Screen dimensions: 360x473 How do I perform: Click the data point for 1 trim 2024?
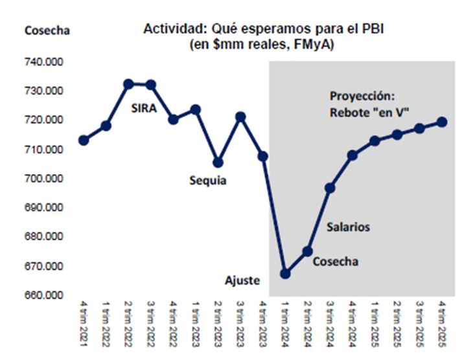pyautogui.click(x=285, y=273)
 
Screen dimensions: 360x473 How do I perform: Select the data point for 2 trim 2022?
pyautogui.click(x=128, y=84)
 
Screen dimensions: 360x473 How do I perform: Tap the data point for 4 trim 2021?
pyautogui.click(x=84, y=140)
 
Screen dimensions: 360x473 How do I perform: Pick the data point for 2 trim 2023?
pyautogui.click(x=218, y=162)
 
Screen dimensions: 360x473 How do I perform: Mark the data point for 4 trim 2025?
pyautogui.click(x=443, y=122)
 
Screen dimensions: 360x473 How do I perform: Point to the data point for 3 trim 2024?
pyautogui.click(x=330, y=188)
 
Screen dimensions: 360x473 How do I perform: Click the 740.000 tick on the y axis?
pyautogui.click(x=43, y=62)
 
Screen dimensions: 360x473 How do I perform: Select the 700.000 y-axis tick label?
pyautogui.click(x=43, y=179)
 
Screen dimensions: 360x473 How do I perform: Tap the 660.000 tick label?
pyautogui.click(x=43, y=296)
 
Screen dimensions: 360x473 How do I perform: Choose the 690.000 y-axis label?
pyautogui.click(x=43, y=208)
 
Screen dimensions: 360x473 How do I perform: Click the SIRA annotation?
pyautogui.click(x=144, y=107)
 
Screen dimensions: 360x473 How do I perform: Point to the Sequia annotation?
pyautogui.click(x=208, y=180)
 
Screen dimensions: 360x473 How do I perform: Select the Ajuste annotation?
pyautogui.click(x=242, y=280)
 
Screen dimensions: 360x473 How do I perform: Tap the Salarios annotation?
pyautogui.click(x=348, y=227)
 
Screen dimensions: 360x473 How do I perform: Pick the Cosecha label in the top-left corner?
pyautogui.click(x=47, y=30)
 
